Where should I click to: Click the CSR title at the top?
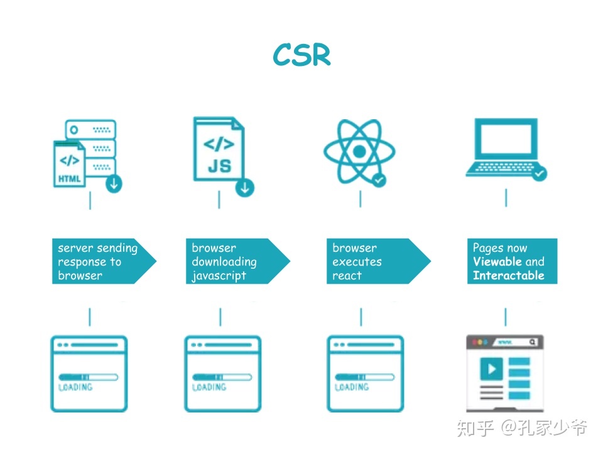pyautogui.click(x=301, y=55)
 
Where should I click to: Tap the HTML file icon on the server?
pyautogui.click(x=69, y=164)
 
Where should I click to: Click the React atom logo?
pyautogui.click(x=359, y=151)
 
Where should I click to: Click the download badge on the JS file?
pyautogui.click(x=245, y=187)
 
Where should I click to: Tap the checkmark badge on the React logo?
pyautogui.click(x=379, y=180)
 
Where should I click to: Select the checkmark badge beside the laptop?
pyautogui.click(x=539, y=173)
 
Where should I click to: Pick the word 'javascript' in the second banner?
pyautogui.click(x=219, y=276)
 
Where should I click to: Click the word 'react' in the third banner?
pyautogui.click(x=347, y=276)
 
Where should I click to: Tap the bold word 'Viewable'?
pyautogui.click(x=497, y=262)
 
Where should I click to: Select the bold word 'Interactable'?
pyautogui.click(x=508, y=276)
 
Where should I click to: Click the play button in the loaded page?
pyautogui.click(x=491, y=367)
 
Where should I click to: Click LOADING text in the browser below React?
pyautogui.click(x=352, y=387)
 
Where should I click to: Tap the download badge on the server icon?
pyautogui.click(x=114, y=185)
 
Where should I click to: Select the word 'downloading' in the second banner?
pyautogui.click(x=224, y=262)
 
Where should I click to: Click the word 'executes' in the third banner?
pyautogui.click(x=357, y=262)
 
